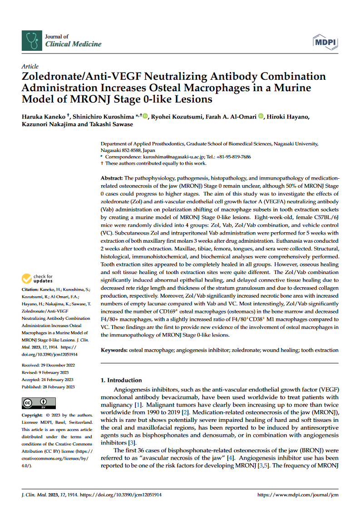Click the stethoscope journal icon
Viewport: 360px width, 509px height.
31,40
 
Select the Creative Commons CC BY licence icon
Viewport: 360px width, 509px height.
39,403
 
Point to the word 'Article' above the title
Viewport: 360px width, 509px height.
30,67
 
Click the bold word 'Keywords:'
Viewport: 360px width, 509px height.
114,350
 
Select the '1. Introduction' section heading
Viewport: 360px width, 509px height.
121,380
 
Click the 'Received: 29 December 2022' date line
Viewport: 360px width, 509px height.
48,365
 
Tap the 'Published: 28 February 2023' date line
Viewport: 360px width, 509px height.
48,387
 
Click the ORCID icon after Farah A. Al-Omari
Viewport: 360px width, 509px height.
261,117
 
